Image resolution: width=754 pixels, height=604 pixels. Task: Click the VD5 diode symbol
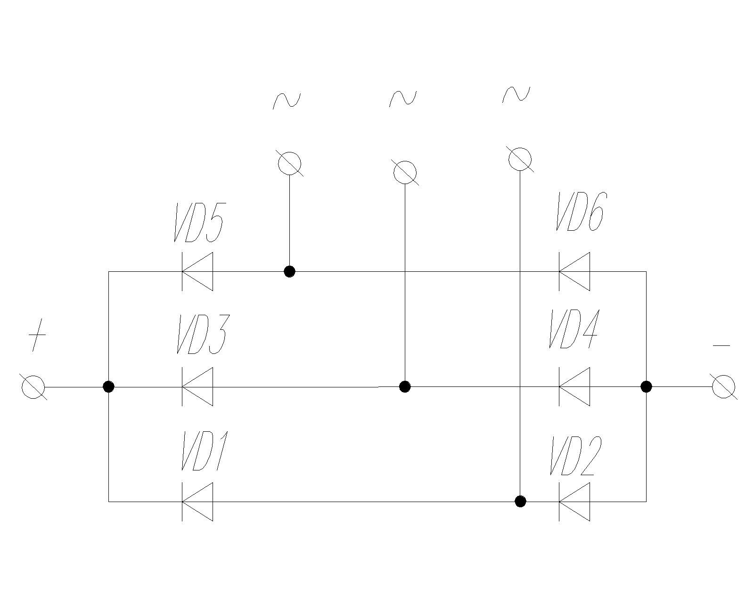tap(198, 271)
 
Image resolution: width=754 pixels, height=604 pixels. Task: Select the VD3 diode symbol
tap(198, 387)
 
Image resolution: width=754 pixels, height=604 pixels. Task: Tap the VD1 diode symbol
tap(198, 502)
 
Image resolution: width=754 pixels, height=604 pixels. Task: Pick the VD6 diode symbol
tap(574, 271)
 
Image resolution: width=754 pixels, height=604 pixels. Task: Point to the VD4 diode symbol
tap(574, 387)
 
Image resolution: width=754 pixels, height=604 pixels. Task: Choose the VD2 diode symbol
tap(574, 502)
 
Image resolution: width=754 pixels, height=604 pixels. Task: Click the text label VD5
tap(199, 223)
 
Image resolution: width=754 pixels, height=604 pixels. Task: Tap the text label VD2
tap(575, 456)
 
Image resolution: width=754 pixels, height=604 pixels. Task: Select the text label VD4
tap(574, 329)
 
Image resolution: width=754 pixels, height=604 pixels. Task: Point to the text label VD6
tap(580, 212)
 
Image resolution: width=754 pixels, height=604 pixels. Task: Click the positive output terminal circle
tap(33, 387)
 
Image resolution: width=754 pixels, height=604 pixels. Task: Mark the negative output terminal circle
tap(724, 387)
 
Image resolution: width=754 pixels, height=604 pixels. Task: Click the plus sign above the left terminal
tap(37, 335)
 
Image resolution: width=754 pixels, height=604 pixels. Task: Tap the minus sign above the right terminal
tap(721, 346)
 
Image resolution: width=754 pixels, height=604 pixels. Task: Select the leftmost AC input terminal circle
tap(289, 163)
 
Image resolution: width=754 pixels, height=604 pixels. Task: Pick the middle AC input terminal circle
tap(405, 172)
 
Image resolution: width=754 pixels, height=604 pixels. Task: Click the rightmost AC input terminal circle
tap(520, 159)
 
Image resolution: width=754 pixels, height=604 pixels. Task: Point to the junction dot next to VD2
tap(520, 501)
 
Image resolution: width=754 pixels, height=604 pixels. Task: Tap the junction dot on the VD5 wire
tap(289, 271)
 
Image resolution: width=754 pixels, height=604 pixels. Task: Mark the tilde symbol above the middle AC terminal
tap(403, 98)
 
